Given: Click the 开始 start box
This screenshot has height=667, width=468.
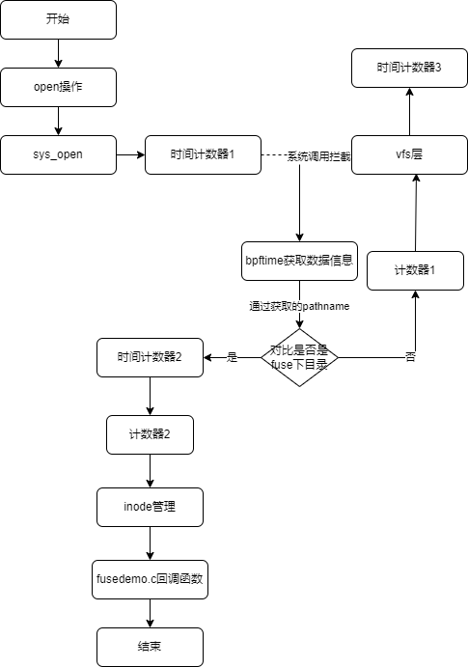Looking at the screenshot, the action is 58,19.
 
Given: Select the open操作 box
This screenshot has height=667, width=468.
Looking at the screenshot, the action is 58,87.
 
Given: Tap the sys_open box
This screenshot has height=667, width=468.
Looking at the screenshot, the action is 58,154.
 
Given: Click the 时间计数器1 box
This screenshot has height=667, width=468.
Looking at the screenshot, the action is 203,154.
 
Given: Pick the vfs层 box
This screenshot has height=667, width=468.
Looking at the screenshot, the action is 409,154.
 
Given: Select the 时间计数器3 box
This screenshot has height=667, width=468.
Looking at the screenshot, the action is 409,69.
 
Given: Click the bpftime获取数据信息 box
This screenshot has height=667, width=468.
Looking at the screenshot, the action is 299,262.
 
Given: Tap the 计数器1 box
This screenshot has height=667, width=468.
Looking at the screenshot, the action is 415,271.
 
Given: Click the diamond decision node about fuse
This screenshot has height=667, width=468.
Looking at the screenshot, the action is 299,358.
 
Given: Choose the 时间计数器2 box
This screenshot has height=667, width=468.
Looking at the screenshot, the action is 150,358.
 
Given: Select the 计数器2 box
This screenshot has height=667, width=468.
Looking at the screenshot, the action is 150,434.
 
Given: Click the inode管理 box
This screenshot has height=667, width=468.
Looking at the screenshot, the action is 150,507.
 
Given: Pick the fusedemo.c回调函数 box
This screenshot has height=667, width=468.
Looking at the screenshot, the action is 150,580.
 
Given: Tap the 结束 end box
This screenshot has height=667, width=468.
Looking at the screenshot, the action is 150,647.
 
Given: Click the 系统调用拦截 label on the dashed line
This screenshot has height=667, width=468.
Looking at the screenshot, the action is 318,156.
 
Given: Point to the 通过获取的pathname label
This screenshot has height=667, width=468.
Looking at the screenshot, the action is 299,306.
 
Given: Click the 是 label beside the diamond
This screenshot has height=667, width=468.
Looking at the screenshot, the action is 232,357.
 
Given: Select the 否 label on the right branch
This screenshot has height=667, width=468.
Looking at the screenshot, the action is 410,357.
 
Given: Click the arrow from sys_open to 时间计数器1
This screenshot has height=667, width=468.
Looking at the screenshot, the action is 130,154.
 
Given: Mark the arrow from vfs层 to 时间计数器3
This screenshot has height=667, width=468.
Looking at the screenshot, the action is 409,111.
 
